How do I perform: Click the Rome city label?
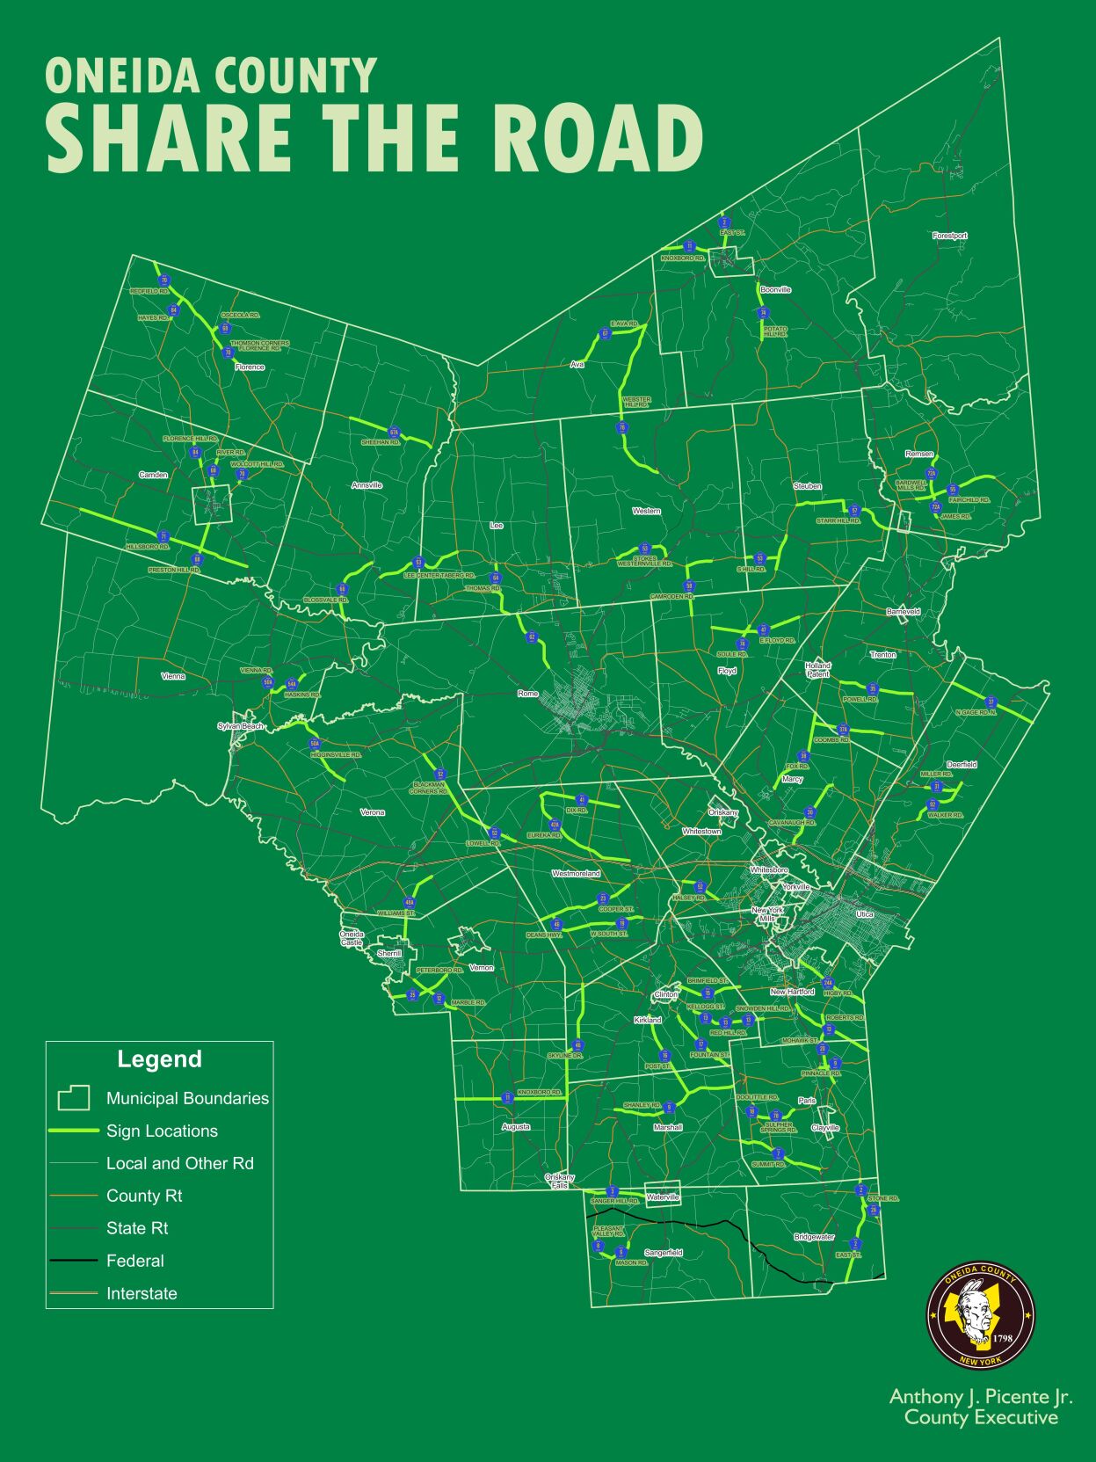tap(527, 694)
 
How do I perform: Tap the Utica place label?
tap(865, 914)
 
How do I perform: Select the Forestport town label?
tap(949, 236)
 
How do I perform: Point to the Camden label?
tap(153, 475)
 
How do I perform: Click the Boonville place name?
tap(775, 289)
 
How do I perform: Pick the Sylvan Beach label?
tap(241, 726)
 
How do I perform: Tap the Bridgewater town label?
tap(814, 1237)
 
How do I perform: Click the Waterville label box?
tap(663, 1197)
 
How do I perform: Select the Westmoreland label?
tap(576, 873)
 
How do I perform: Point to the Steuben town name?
tap(807, 486)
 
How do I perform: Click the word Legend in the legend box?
tap(159, 1059)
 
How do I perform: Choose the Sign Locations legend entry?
tap(162, 1131)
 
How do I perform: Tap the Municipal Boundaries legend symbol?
tap(74, 1098)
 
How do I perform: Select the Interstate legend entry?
tap(142, 1293)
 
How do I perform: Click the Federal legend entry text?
tap(135, 1261)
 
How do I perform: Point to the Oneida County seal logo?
tap(981, 1316)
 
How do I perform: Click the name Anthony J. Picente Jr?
tap(981, 1396)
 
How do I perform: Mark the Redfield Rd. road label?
tap(149, 291)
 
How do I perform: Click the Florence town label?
tap(250, 367)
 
